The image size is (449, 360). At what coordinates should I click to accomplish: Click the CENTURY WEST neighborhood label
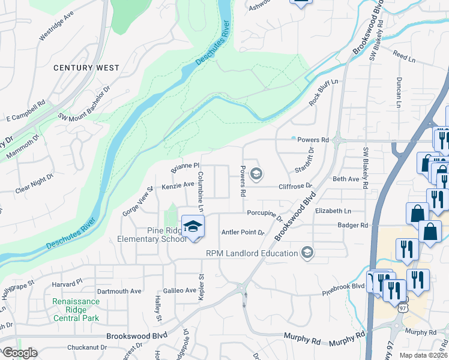[x=86, y=68]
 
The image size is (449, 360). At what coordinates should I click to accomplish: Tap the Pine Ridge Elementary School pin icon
[x=193, y=227]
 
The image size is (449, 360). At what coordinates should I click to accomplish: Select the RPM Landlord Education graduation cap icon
[x=308, y=253]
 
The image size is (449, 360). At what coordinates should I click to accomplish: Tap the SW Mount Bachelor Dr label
[x=84, y=103]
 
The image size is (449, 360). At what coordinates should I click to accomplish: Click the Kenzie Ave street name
[x=178, y=185]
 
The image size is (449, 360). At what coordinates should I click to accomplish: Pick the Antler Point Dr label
[x=243, y=232]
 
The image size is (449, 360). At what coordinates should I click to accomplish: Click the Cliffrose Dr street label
[x=296, y=187]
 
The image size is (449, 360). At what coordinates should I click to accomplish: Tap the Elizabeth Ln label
[x=333, y=211]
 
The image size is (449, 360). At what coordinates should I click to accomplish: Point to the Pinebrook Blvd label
[x=343, y=286]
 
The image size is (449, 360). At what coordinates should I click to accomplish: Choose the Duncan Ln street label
[x=398, y=92]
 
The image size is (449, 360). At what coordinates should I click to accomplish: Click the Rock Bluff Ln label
[x=324, y=92]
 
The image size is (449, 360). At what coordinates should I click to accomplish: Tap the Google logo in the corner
[x=20, y=353]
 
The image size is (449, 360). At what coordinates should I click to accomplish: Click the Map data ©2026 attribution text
[x=423, y=355]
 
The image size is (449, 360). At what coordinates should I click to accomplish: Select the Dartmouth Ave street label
[x=119, y=291]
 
